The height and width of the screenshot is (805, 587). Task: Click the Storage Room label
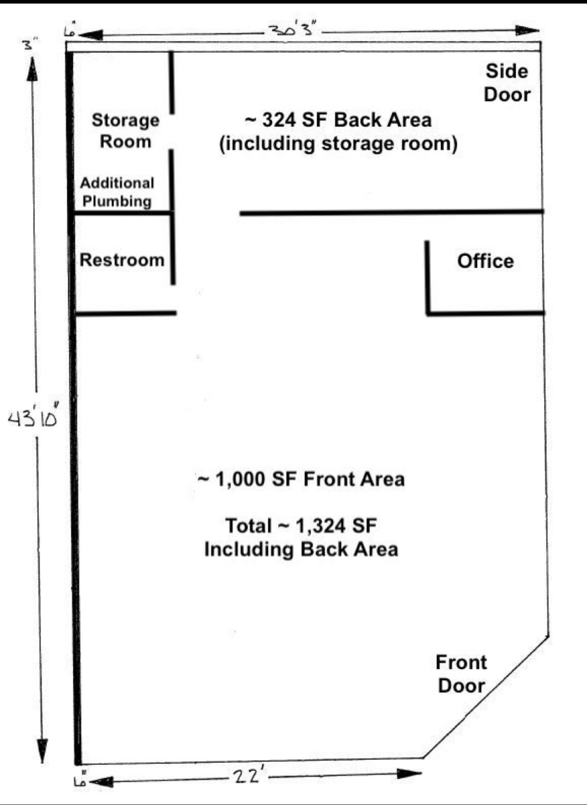(126, 131)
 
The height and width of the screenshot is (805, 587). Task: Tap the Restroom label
(122, 260)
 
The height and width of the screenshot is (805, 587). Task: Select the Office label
(486, 261)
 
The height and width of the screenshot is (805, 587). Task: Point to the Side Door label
(507, 83)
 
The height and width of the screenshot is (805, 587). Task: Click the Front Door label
(461, 674)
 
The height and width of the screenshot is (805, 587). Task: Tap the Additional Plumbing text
(117, 192)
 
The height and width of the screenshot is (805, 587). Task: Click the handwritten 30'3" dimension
(292, 29)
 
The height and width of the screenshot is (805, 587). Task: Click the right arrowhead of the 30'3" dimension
(528, 31)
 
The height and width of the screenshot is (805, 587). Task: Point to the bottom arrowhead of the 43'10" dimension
(42, 750)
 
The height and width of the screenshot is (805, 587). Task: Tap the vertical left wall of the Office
(428, 277)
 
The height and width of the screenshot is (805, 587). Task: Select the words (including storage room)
(338, 144)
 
